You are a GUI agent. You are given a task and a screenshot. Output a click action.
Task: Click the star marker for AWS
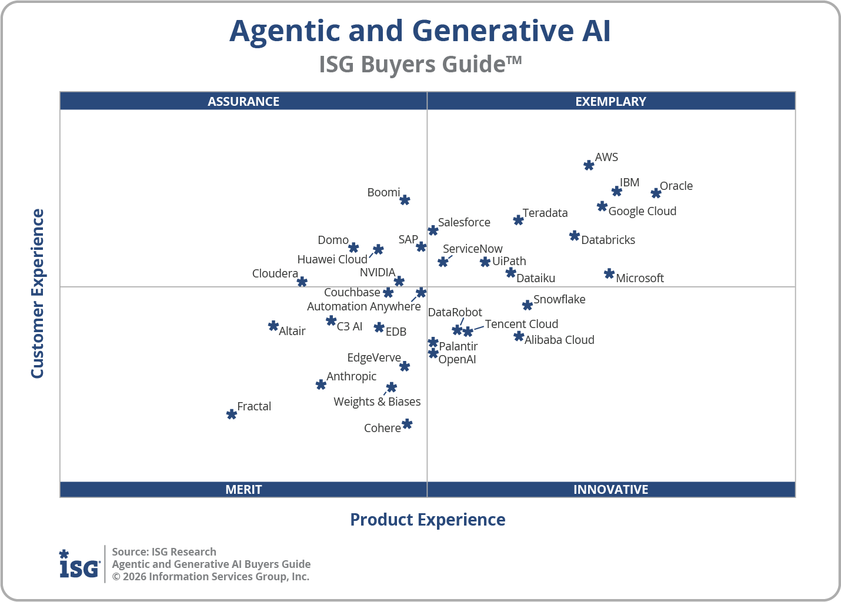[589, 165]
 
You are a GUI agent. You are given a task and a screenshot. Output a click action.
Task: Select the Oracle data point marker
[656, 193]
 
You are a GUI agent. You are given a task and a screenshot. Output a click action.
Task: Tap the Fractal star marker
[232, 414]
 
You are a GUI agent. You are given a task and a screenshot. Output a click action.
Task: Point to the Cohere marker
[407, 424]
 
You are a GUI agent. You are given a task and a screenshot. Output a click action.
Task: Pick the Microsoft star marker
[609, 274]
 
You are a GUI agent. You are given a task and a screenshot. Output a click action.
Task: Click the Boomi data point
[405, 200]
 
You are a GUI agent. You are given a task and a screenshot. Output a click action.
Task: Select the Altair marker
[273, 326]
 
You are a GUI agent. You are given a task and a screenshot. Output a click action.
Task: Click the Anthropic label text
[351, 376]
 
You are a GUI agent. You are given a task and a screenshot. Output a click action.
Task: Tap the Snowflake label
[559, 299]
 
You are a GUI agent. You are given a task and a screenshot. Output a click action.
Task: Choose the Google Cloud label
[642, 211]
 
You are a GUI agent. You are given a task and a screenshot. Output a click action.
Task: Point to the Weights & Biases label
[377, 402]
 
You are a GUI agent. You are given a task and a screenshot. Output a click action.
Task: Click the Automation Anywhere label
[363, 306]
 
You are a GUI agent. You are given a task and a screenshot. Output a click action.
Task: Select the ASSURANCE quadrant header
[243, 101]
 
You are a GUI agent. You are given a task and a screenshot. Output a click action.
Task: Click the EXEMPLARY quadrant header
[610, 101]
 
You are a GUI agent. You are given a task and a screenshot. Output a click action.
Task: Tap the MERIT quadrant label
[243, 489]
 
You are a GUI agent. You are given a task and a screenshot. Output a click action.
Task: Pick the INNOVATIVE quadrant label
[610, 489]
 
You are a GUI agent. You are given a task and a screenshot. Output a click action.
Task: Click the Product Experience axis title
[428, 520]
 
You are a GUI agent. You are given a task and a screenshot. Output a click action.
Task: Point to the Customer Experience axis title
[38, 294]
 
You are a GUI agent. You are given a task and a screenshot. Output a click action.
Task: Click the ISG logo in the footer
[79, 565]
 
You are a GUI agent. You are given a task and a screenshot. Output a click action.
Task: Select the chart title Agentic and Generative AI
[420, 31]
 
